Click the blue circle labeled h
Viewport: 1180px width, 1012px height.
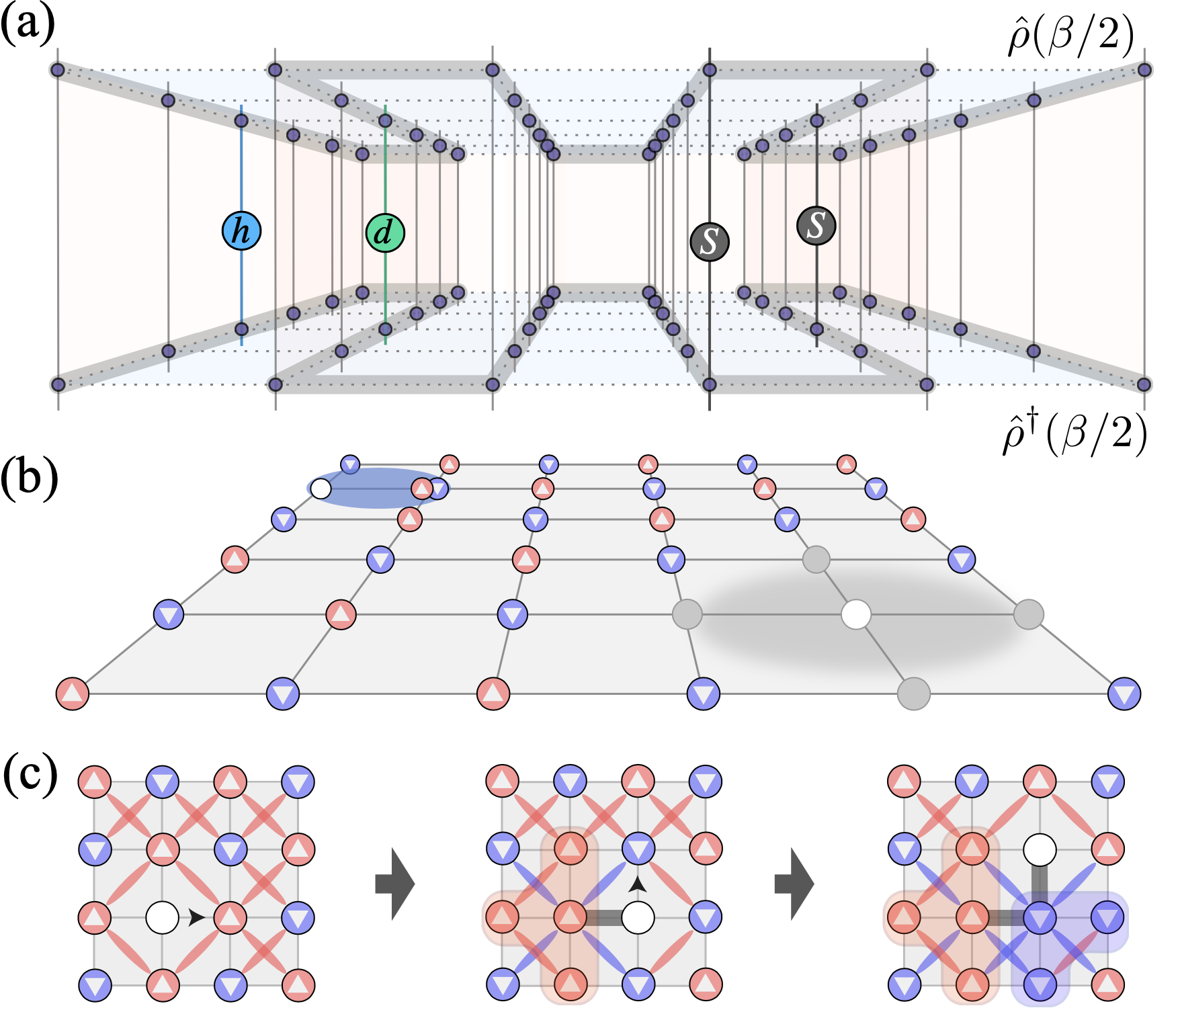click(241, 231)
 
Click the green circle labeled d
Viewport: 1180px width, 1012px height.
click(385, 233)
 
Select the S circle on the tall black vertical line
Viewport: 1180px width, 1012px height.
click(710, 241)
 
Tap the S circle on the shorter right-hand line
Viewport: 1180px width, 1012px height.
click(816, 225)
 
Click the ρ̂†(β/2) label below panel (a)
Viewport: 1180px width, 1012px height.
click(1074, 434)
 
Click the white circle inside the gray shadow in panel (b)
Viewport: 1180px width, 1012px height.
click(856, 614)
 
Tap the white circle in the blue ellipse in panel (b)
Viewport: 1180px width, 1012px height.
click(321, 489)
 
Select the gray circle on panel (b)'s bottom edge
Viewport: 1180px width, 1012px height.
click(914, 693)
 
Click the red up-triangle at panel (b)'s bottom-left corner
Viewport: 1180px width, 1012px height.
click(73, 693)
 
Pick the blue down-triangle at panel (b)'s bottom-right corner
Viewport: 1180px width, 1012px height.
click(1124, 693)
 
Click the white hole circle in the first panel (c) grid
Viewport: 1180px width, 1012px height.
click(163, 917)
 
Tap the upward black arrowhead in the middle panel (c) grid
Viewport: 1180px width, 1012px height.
click(638, 884)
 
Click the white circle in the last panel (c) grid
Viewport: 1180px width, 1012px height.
click(1040, 850)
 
